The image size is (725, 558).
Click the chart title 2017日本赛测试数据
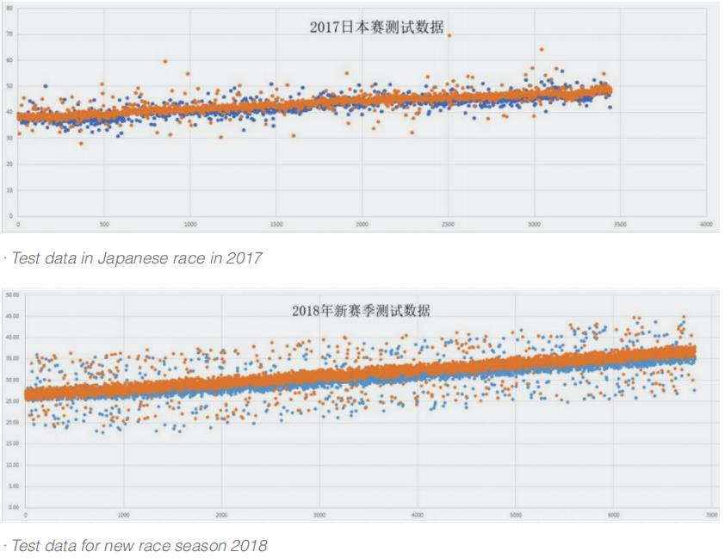[x=376, y=28]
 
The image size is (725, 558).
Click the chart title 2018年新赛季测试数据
[x=361, y=310]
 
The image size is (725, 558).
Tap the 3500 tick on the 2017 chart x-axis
[x=620, y=224]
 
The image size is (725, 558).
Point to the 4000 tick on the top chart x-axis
[x=706, y=224]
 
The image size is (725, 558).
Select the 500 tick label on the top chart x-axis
[x=104, y=224]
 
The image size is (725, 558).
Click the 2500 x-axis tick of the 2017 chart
[x=448, y=224]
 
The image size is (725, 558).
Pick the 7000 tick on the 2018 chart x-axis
[x=711, y=515]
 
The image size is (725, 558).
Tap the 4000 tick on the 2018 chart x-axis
[x=418, y=515]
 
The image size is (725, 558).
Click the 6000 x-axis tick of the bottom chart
[x=614, y=515]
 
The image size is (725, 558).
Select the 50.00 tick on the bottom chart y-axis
[x=13, y=294]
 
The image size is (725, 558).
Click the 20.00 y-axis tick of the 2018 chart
[x=13, y=422]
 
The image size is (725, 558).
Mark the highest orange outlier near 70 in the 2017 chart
[x=449, y=35]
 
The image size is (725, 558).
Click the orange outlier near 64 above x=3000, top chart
[x=541, y=49]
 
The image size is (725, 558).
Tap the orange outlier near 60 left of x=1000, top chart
[x=164, y=61]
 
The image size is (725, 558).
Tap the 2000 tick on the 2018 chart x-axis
[x=221, y=515]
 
